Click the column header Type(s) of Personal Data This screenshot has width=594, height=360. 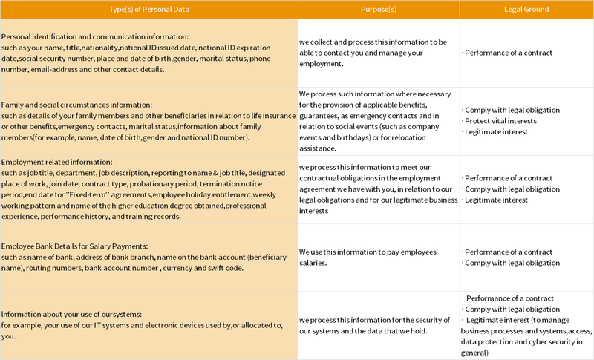[148, 9]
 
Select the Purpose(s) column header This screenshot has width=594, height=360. [379, 9]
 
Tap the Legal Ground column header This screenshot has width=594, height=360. [526, 9]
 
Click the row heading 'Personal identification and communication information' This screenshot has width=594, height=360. [95, 36]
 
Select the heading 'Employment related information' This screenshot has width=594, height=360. [56, 162]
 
